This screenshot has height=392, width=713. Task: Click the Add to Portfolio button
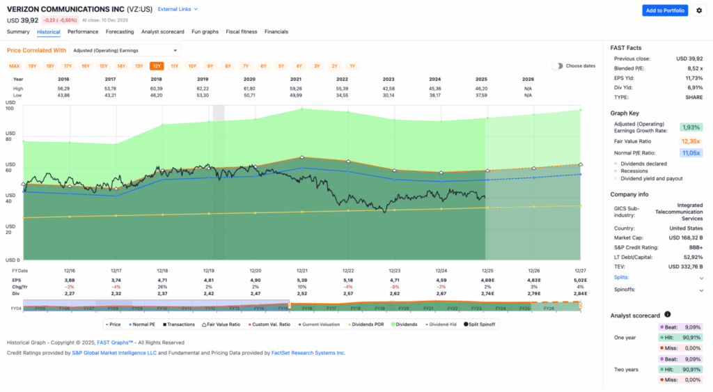pos(664,10)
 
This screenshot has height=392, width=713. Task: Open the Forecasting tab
pos(120,32)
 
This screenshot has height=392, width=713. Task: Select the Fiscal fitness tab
pos(242,32)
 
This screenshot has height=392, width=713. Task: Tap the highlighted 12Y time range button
pos(157,66)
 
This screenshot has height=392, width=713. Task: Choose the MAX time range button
pos(14,66)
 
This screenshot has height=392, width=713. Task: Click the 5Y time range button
pos(281,66)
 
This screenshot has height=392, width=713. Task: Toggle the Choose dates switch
pos(557,66)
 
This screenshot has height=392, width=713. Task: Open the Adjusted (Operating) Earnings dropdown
pos(125,50)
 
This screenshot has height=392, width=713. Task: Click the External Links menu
pos(178,10)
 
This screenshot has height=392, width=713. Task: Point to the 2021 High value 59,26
pos(301,88)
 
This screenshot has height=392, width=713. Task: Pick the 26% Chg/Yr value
pos(162,287)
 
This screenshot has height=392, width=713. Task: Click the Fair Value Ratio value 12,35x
pos(691,141)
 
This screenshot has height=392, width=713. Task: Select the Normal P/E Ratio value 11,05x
pos(691,153)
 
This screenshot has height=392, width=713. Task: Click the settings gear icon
pos(699,10)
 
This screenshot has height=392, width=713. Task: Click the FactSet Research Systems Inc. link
pos(307,353)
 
